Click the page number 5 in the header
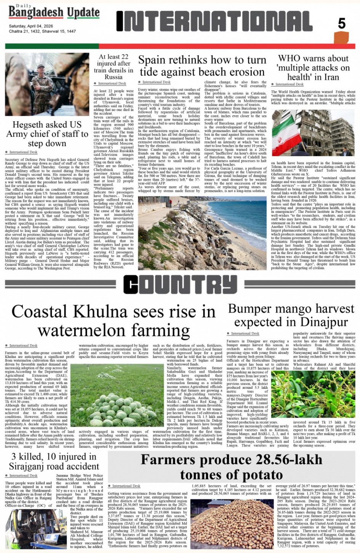pyautogui.click(x=342, y=24)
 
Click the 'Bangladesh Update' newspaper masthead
pyautogui.click(x=54, y=13)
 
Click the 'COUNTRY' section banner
pyautogui.click(x=179, y=284)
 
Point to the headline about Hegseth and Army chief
pyautogui.click(x=47, y=134)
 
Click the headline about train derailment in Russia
pyautogui.click(x=113, y=67)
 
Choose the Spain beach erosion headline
pyautogui.click(x=202, y=66)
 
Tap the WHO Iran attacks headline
pyautogui.click(x=313, y=67)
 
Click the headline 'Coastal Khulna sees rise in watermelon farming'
pyautogui.click(x=114, y=321)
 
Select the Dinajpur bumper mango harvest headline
pyautogui.click(x=291, y=315)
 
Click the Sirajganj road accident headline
pyautogui.click(x=53, y=462)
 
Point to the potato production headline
pyautogui.click(x=231, y=467)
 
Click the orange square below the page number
pyautogui.click(x=341, y=38)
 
